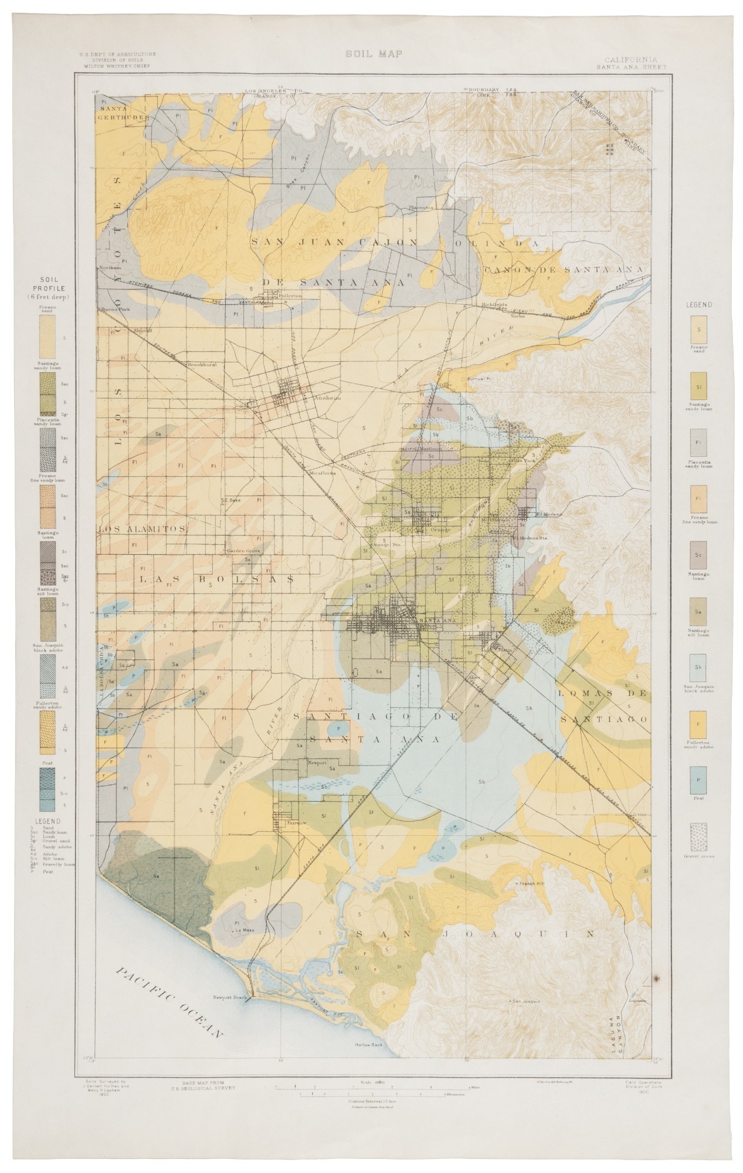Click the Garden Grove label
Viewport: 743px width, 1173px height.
pyautogui.click(x=242, y=551)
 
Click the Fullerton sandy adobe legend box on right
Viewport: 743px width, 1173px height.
pyautogui.click(x=698, y=724)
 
